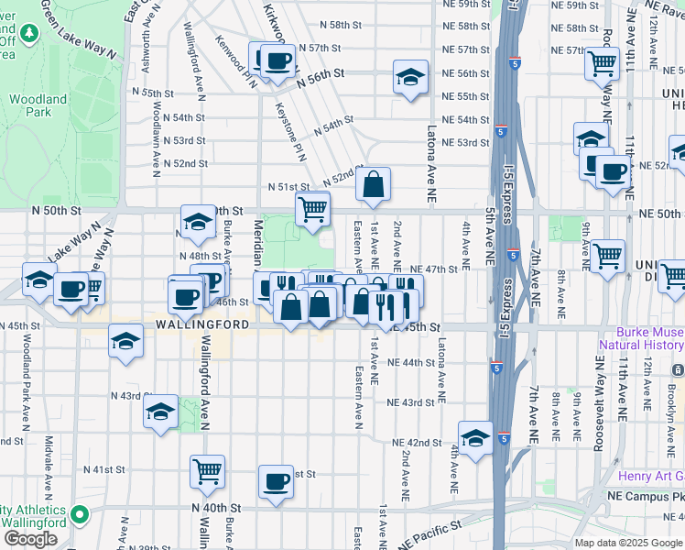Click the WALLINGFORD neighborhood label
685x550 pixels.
tap(201, 325)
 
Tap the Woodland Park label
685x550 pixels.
tap(38, 104)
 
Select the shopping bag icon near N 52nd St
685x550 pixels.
tap(374, 184)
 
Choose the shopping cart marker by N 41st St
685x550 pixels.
tap(208, 471)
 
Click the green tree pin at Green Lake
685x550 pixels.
tap(29, 33)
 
